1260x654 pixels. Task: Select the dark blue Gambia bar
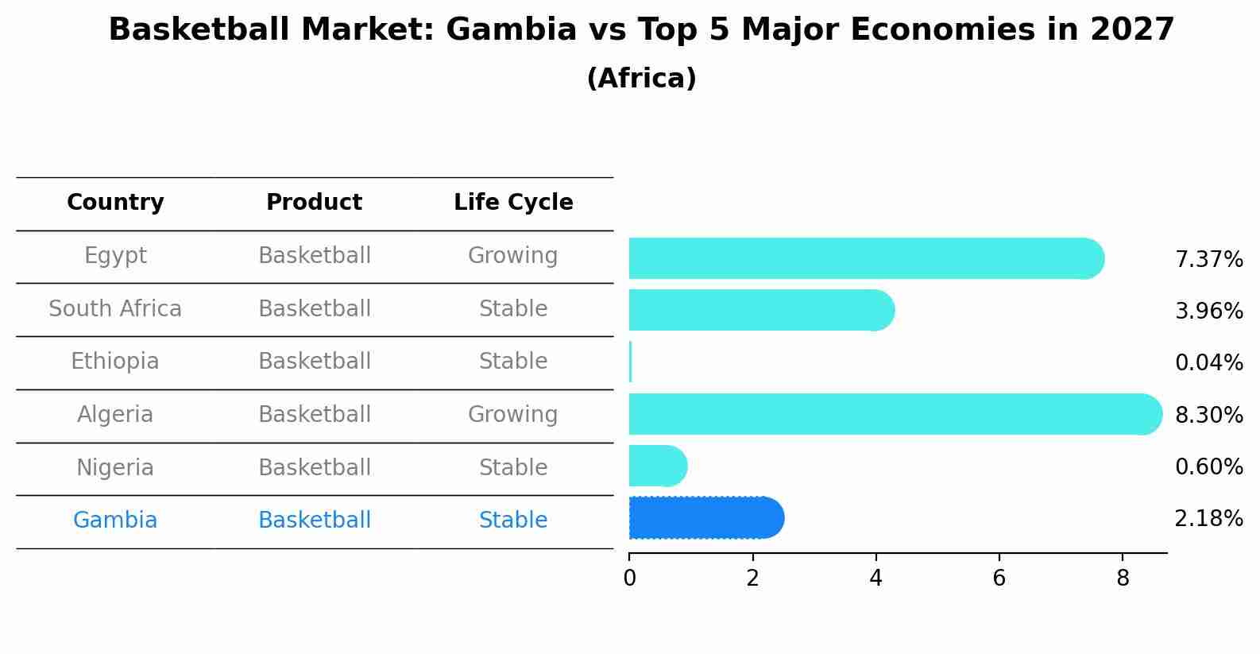[703, 518]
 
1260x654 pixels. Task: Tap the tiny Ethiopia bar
[631, 362]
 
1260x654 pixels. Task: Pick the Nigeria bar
[656, 466]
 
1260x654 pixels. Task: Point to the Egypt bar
[862, 258]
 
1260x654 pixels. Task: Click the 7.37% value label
[1208, 260]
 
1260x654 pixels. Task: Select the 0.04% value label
[1208, 363]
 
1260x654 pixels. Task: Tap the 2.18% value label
[1208, 519]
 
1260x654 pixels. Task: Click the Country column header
[115, 203]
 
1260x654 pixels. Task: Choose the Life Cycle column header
[513, 203]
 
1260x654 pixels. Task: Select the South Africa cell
[115, 309]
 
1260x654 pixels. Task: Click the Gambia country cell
[115, 520]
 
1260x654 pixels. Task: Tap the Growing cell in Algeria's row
[513, 415]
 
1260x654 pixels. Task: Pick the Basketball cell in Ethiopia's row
[315, 362]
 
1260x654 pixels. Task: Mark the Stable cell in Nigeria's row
[513, 468]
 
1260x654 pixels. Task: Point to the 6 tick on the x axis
[999, 578]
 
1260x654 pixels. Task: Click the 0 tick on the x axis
[629, 578]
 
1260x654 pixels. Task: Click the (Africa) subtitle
[641, 79]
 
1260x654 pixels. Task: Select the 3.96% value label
[1208, 312]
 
